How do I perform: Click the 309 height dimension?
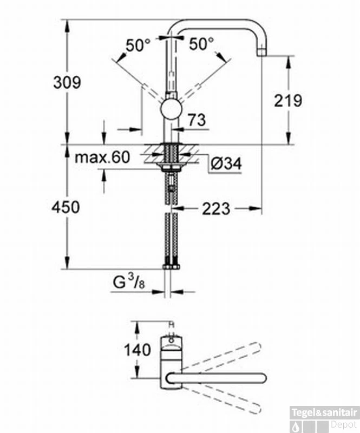pyautogui.click(x=67, y=82)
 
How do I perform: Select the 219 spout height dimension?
pyautogui.click(x=288, y=101)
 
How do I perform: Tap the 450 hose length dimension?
pyautogui.click(x=66, y=207)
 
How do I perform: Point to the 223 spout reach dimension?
pyautogui.click(x=216, y=208)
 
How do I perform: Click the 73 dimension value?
pyautogui.click(x=198, y=120)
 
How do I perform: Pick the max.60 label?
pyautogui.click(x=102, y=158)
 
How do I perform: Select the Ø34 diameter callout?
pyautogui.click(x=226, y=163)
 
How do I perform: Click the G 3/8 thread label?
pyautogui.click(x=129, y=282)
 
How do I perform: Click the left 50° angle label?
pyautogui.click(x=137, y=45)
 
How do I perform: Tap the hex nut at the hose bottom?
pyautogui.click(x=171, y=266)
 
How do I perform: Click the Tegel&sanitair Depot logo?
pyautogui.click(x=324, y=417)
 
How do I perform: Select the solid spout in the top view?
pyautogui.click(x=222, y=376)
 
